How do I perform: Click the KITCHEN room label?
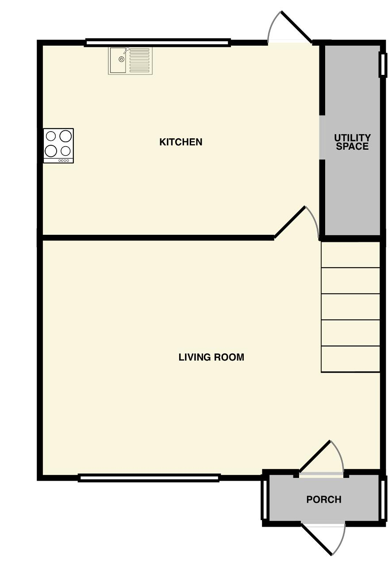(181, 142)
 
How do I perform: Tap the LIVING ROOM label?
(211, 357)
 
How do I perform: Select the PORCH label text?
(324, 499)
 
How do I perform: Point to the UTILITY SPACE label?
(352, 142)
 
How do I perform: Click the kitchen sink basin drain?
(122, 59)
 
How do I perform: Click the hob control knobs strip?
(63, 160)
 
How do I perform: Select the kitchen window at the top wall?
(158, 43)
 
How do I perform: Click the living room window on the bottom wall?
(149, 478)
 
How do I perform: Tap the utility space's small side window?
(383, 65)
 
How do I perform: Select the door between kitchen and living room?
(290, 222)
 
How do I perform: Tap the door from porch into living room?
(315, 456)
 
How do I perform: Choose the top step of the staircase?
(350, 255)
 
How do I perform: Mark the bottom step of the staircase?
(350, 359)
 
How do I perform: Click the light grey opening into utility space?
(322, 137)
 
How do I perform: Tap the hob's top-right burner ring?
(65, 136)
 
